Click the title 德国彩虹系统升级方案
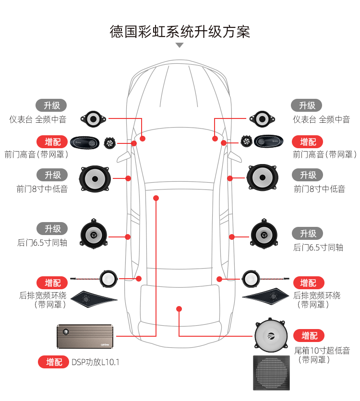pos(180,32)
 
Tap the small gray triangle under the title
pos(180,45)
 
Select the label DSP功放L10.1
pos(95,362)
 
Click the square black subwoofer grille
pos(272,373)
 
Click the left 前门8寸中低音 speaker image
pos(95,178)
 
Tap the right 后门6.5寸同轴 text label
pos(318,248)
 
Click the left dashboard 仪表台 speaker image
pos(93,118)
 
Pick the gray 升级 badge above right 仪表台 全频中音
pos(307,106)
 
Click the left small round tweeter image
pos(109,142)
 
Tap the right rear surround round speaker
pos(251,278)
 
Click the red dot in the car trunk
pos(179,309)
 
